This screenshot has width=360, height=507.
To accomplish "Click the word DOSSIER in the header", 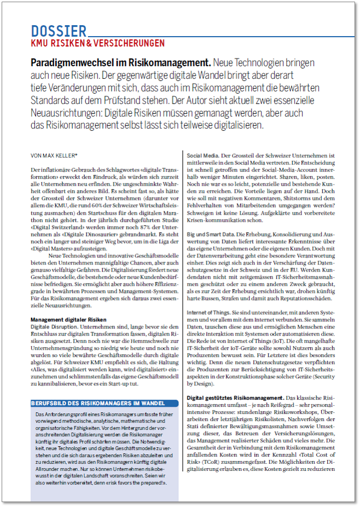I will coord(59,31).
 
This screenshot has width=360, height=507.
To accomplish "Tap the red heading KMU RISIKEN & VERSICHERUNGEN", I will coord(97,43).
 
